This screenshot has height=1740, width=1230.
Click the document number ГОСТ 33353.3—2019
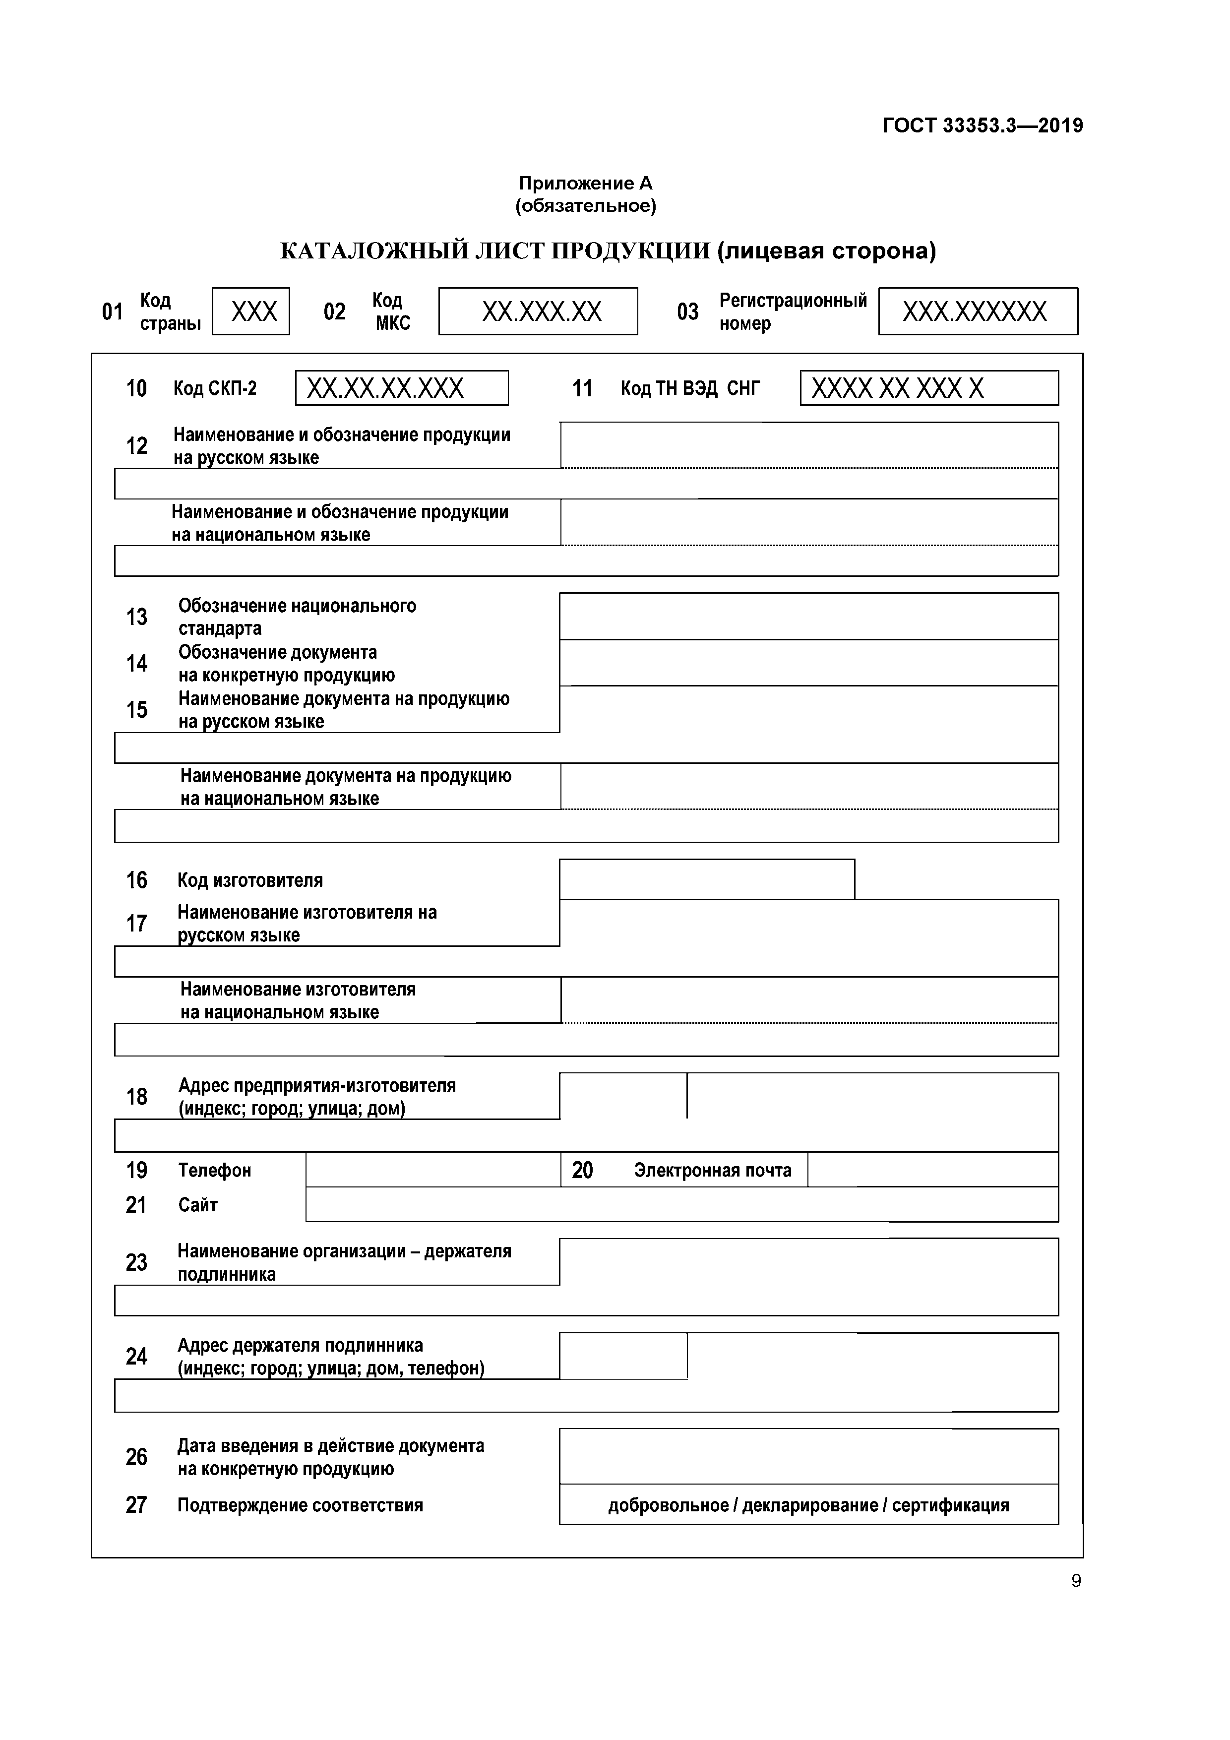(982, 126)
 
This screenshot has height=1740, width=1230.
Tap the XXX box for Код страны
(251, 311)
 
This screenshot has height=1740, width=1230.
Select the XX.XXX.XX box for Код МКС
(538, 311)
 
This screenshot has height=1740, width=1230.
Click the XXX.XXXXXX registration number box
(978, 311)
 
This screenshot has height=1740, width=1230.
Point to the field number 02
(334, 312)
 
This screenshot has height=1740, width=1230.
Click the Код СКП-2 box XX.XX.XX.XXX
(402, 389)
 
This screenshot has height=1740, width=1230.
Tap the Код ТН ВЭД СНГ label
(690, 389)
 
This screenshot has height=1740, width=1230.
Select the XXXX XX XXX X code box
(928, 389)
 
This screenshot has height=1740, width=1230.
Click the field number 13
(136, 617)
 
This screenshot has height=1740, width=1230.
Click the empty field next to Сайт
(681, 1204)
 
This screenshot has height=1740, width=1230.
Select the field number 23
(136, 1262)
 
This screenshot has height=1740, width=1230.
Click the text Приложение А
(585, 184)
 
